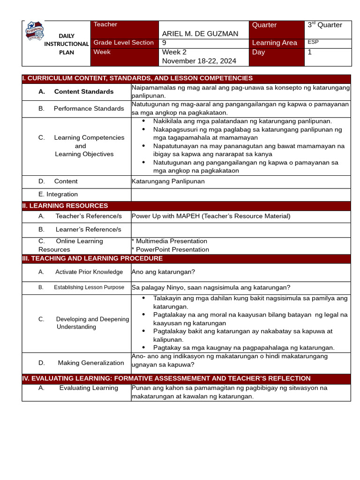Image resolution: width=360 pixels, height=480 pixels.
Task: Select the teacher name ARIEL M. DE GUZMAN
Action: point(200,34)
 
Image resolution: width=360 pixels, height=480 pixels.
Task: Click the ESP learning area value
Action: point(313,42)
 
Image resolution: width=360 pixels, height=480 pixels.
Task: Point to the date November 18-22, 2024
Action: point(199,61)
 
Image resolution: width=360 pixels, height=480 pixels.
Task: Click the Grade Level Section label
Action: point(124,43)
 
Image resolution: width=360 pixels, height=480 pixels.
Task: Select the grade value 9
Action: point(164,43)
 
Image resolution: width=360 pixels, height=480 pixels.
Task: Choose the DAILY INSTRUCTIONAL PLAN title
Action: point(66,44)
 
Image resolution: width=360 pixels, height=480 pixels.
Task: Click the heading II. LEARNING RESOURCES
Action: point(65,206)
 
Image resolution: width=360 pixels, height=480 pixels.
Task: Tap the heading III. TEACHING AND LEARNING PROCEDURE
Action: point(92,258)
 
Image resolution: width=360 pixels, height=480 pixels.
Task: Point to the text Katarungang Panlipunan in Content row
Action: point(168,181)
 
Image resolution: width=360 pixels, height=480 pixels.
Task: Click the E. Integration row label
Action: point(58,194)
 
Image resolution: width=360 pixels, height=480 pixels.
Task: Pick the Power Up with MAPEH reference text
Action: point(211,216)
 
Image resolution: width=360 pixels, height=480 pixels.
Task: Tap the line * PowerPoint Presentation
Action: point(170,249)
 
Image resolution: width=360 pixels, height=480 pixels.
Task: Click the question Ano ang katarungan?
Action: point(163,272)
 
